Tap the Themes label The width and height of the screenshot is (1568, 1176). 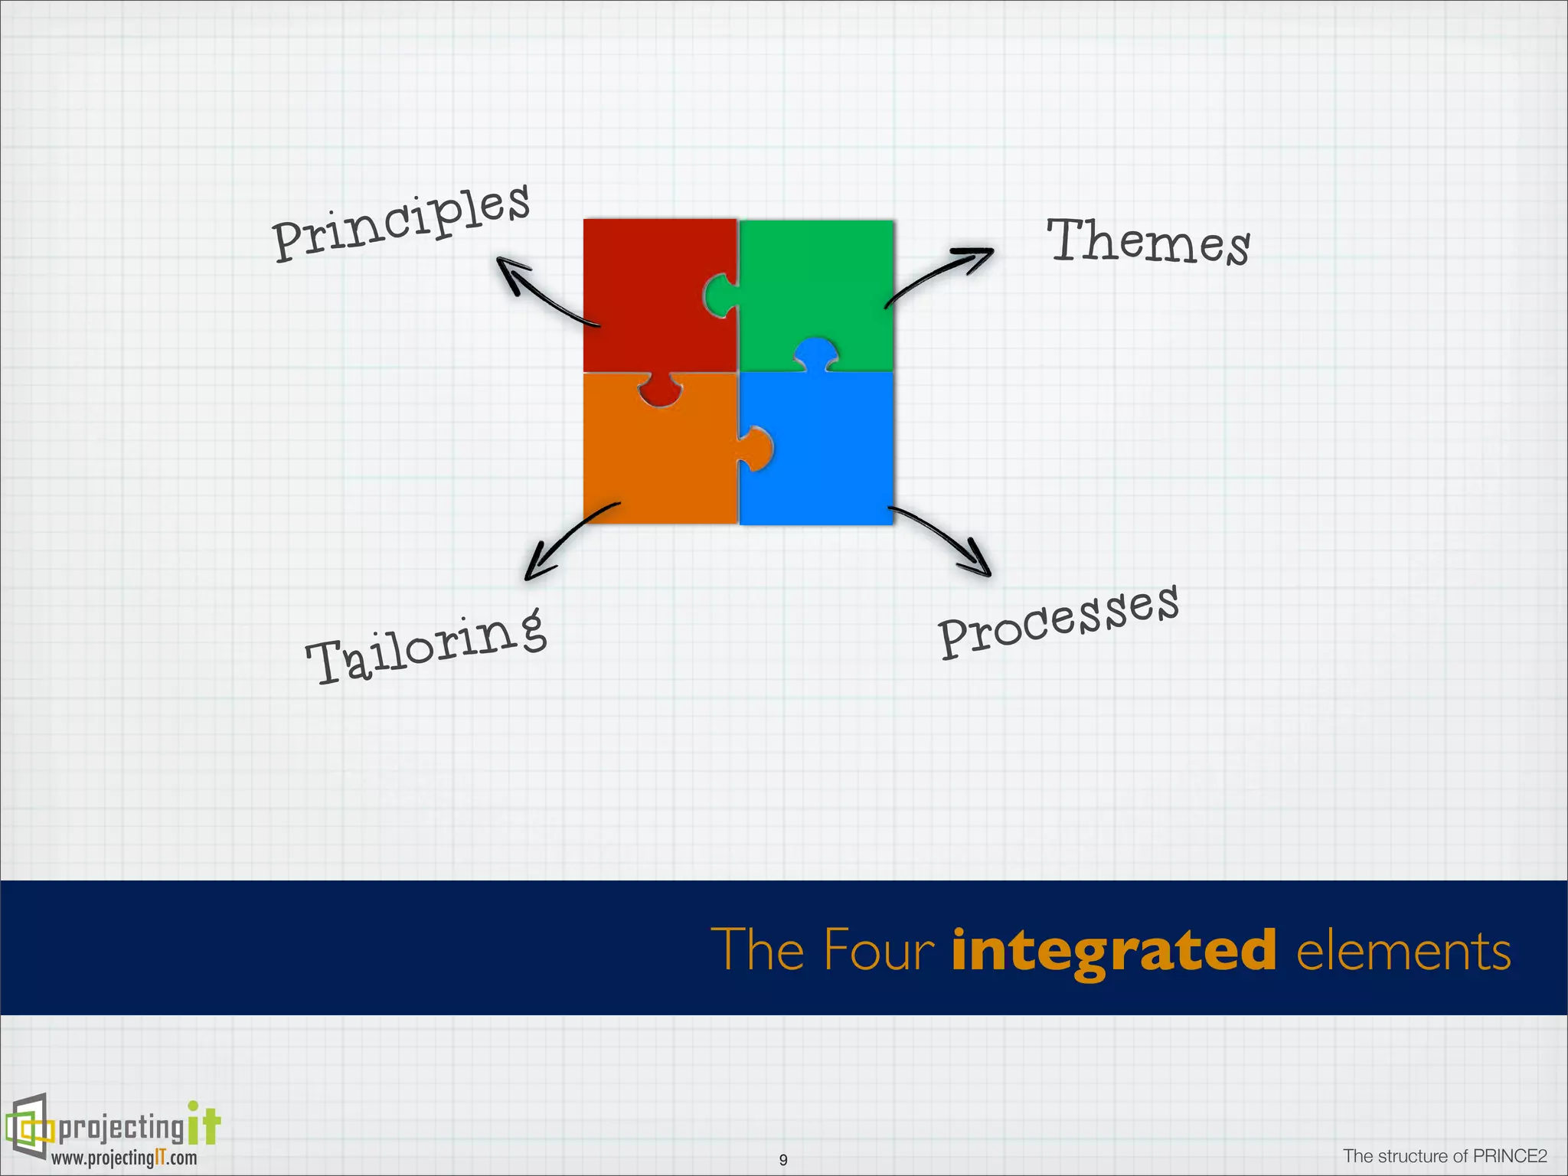[x=1148, y=241]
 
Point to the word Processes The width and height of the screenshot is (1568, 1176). [x=1058, y=621]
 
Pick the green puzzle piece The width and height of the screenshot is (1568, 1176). [x=827, y=283]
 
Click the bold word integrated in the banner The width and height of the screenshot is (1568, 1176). [x=1113, y=950]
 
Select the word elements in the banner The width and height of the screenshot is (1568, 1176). [x=1403, y=951]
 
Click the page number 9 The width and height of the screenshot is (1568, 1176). [x=782, y=1160]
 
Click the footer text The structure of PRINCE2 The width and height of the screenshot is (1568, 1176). [x=1445, y=1155]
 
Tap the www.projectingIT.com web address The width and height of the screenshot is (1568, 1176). [x=124, y=1158]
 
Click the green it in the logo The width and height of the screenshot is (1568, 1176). [x=204, y=1124]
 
